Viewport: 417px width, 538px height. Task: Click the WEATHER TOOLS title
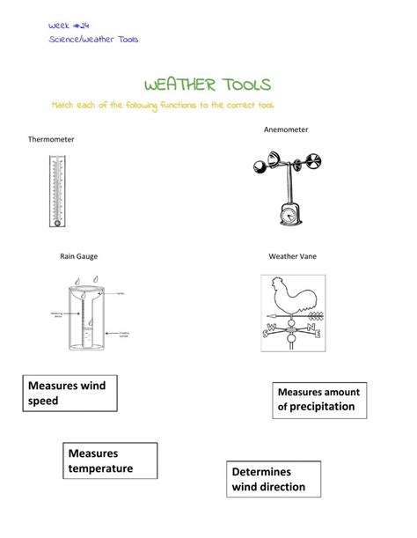[x=208, y=85]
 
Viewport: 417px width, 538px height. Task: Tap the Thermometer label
[x=51, y=139]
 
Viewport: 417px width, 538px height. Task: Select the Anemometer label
[x=286, y=129]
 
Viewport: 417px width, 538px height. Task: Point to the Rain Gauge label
[x=78, y=256]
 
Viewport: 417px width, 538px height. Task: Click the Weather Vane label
[x=293, y=256]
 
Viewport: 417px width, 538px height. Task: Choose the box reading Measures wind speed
[x=68, y=393]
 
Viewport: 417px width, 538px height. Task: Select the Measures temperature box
[x=100, y=461]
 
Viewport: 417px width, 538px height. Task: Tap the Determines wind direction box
[x=269, y=479]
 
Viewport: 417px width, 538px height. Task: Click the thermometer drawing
[x=57, y=191]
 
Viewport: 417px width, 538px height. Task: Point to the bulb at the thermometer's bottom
[x=57, y=222]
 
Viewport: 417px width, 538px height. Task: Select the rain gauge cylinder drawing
[x=84, y=317]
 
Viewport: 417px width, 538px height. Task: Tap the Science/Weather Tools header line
[x=93, y=40]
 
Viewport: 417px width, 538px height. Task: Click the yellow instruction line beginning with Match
[x=163, y=105]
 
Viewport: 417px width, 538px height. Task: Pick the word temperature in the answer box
[x=100, y=468]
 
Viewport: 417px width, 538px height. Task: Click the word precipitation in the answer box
[x=316, y=407]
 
